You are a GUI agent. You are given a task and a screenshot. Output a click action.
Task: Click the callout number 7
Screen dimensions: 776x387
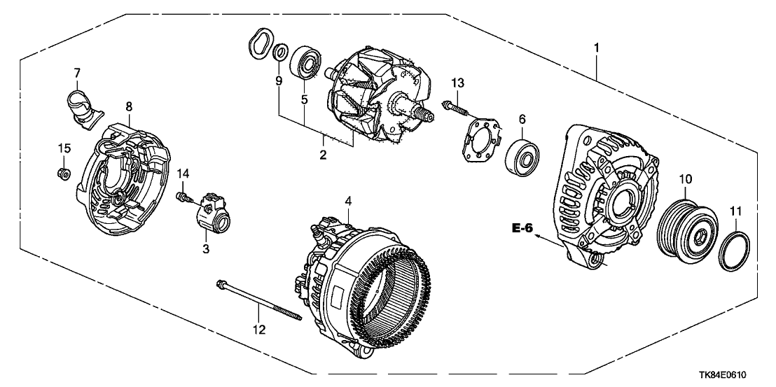pos(77,73)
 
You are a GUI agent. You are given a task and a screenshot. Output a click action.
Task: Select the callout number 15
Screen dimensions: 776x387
pos(64,148)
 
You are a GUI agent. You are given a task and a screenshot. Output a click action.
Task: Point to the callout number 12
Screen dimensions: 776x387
pos(259,329)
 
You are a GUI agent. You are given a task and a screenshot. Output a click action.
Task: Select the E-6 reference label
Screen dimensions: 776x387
pos(523,228)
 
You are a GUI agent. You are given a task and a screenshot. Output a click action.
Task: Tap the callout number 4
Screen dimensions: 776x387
pos(348,201)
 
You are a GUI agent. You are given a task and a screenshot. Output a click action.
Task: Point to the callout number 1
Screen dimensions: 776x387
pos(597,48)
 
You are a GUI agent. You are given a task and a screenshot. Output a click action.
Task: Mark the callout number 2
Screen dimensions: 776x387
pos(323,155)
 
